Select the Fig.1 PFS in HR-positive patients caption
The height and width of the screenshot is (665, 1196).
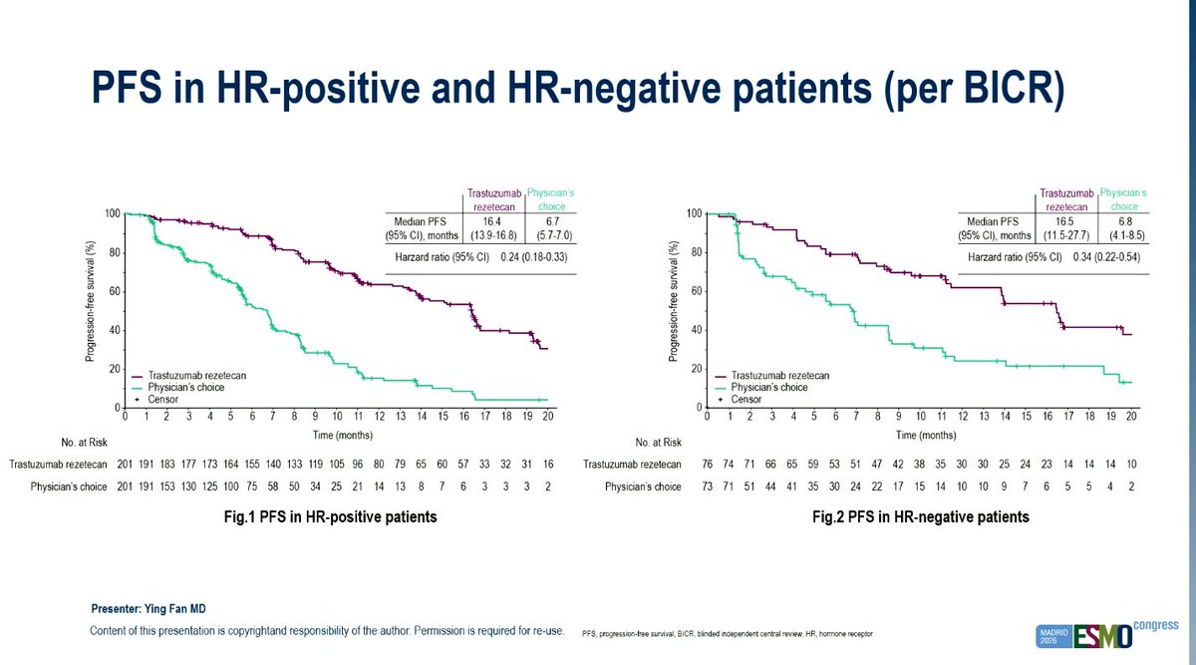[331, 517]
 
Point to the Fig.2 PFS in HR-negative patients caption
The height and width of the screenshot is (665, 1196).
[921, 517]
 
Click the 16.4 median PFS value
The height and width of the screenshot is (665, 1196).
[491, 221]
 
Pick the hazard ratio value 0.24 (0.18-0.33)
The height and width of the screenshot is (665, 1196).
[534, 257]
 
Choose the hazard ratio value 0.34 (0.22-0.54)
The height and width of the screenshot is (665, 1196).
[1106, 257]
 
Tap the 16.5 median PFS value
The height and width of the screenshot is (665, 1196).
[1064, 221]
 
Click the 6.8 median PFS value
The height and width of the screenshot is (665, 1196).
[1125, 221]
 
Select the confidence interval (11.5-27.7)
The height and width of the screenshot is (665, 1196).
[1065, 235]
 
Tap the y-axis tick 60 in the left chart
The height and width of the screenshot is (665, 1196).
[115, 292]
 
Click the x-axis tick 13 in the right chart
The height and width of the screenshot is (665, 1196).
[984, 416]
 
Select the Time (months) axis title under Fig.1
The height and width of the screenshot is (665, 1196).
[343, 435]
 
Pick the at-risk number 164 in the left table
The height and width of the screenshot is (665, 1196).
[230, 465]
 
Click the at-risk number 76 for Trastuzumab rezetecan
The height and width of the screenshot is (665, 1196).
[707, 465]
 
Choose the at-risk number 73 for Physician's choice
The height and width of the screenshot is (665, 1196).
[707, 487]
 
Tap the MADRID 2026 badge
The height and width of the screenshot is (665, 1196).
[1054, 636]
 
